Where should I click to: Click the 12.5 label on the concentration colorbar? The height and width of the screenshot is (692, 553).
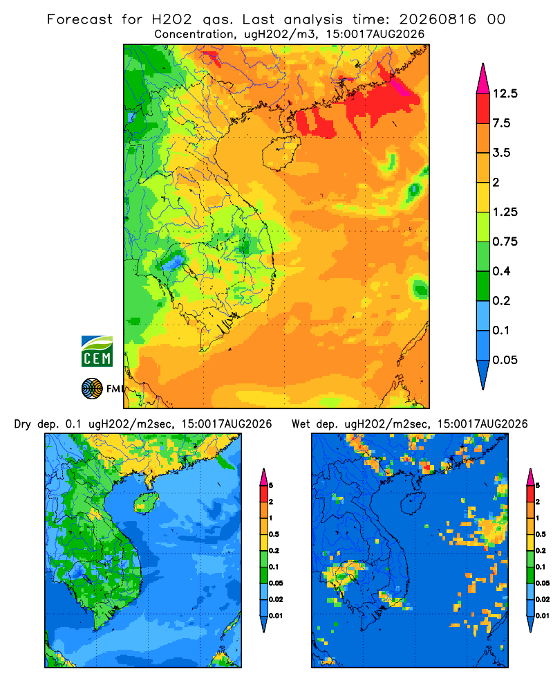(505, 93)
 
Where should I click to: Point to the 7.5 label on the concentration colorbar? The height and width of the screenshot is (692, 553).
(501, 123)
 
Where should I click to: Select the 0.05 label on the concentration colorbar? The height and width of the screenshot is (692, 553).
(505, 360)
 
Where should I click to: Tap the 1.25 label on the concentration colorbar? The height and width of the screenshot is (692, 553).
(505, 212)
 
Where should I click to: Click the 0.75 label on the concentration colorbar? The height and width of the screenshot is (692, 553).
(505, 242)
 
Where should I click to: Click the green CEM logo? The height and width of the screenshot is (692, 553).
(97, 352)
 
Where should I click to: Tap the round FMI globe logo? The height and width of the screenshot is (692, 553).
(92, 389)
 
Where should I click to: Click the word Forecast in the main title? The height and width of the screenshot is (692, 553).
(79, 19)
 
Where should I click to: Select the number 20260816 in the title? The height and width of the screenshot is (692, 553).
(438, 19)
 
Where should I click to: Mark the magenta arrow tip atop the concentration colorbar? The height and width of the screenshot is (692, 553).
(483, 64)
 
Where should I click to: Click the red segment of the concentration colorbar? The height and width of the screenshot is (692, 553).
(483, 108)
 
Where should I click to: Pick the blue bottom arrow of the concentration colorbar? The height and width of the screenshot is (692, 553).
(483, 375)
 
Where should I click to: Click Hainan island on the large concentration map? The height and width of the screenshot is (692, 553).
(281, 153)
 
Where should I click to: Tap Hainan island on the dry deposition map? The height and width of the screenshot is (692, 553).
(146, 502)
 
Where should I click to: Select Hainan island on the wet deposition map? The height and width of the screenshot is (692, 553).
(413, 502)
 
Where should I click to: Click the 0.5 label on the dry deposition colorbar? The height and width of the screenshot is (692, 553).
(274, 534)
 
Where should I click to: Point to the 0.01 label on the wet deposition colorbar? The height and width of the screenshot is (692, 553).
(543, 616)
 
